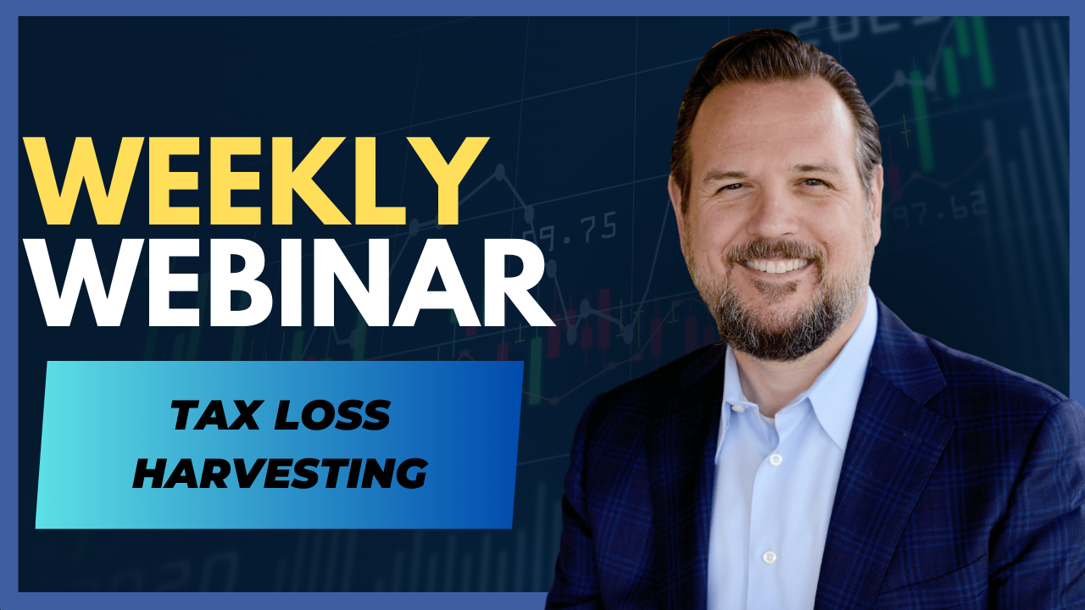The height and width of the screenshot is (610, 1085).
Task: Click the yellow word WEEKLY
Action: pos(256,181)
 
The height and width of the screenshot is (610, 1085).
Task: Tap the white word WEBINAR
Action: pos(290,283)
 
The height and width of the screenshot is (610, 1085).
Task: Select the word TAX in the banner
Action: pos(214,415)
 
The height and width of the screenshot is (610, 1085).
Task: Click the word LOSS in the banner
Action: pos(332,415)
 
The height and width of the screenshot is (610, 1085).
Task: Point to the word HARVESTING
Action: pos(280,473)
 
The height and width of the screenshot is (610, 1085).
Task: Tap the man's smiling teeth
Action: pos(776,265)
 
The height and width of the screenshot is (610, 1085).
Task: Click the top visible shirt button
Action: pos(776,459)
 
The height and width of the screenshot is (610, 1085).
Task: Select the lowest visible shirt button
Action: pos(769,557)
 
